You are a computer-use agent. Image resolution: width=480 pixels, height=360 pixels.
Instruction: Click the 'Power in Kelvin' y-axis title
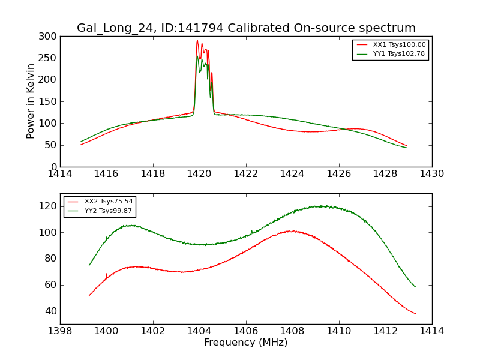coord(31,101)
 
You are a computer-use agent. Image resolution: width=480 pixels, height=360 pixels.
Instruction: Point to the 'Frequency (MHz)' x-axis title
coord(246,343)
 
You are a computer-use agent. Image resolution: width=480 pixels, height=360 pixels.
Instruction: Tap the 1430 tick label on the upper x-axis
coord(431,174)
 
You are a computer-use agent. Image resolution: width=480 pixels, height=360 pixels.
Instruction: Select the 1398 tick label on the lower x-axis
coord(60,331)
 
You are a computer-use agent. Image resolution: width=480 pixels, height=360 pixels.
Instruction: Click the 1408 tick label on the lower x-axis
coord(292,331)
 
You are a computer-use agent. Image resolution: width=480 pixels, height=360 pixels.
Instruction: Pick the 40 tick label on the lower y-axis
coord(51,311)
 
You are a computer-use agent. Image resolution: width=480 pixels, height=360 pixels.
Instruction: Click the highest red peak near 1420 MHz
coord(197,41)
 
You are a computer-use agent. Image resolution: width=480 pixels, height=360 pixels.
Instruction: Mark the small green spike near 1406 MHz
coord(251,230)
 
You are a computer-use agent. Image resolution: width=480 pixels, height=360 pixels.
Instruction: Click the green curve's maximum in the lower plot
coord(322,206)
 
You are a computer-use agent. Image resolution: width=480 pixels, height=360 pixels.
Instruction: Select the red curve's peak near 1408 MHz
coord(290,231)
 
